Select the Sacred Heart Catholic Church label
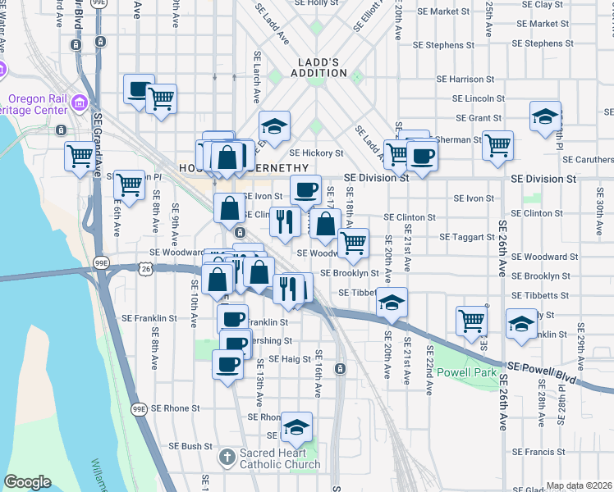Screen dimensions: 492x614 (279, 458)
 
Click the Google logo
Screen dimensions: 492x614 (28, 482)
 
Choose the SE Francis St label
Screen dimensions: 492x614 (538, 452)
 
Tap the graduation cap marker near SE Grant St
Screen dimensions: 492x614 (545, 117)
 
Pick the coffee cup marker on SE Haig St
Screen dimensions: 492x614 (227, 363)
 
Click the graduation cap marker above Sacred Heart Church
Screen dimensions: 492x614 (296, 426)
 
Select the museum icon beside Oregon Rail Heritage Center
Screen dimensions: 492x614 (80, 103)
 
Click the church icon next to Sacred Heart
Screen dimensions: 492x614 (228, 456)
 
